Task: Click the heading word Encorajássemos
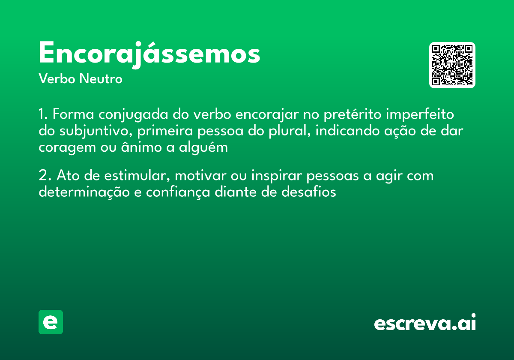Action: [149, 54]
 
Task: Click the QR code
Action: [452, 65]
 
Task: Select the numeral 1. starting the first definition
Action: [43, 115]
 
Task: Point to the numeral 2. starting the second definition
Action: [45, 176]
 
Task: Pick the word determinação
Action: [84, 192]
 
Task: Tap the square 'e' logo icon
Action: [51, 322]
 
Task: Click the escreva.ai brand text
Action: [425, 323]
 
